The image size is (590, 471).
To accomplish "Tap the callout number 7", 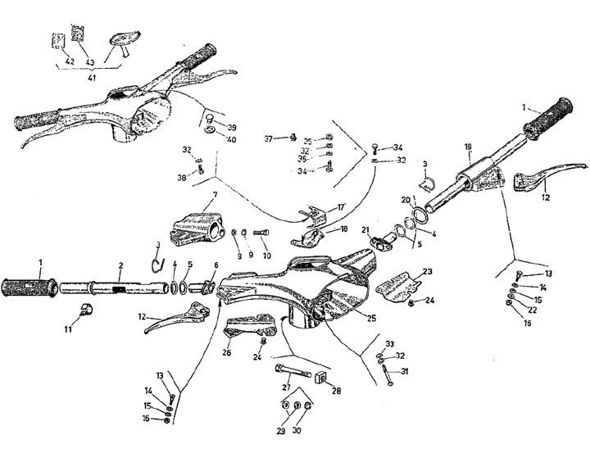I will click(x=214, y=196).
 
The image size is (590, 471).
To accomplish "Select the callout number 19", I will click(x=468, y=147).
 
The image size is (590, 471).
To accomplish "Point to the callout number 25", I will click(x=372, y=318).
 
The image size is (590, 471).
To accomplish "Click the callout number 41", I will click(x=92, y=77).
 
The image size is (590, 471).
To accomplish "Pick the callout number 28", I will click(x=336, y=391).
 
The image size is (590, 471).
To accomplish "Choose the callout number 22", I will click(x=533, y=310).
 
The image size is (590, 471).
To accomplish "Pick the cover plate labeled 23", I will click(x=399, y=283).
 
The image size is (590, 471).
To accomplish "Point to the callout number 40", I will click(x=232, y=139).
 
